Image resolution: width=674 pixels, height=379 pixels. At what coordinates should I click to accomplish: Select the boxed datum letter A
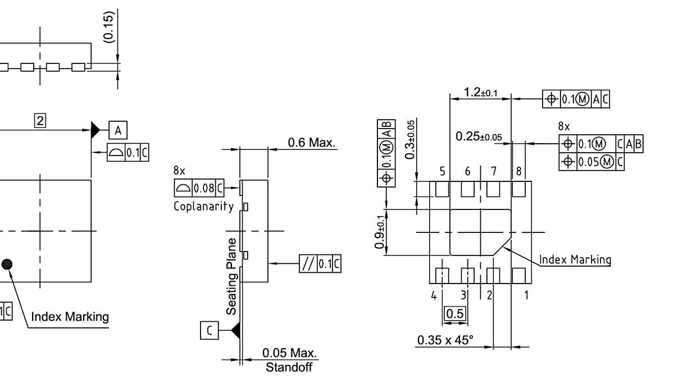click(x=117, y=130)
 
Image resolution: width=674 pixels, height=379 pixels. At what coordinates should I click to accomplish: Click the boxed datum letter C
click(x=209, y=331)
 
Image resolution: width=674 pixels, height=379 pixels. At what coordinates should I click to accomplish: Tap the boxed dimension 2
click(x=40, y=120)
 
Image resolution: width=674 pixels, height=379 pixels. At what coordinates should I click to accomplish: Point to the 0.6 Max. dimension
click(x=312, y=143)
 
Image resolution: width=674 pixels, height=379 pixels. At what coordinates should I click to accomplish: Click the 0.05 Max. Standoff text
click(x=289, y=360)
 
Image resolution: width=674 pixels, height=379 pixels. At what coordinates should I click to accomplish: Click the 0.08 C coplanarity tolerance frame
click(x=199, y=186)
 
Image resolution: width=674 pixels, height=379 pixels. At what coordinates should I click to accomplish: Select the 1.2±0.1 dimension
click(x=480, y=92)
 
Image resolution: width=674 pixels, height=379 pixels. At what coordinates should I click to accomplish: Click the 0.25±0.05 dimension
click(x=479, y=136)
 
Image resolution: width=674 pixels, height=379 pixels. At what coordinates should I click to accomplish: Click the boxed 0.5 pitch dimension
click(x=454, y=313)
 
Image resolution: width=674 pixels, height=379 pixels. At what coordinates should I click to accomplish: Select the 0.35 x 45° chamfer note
click(x=445, y=340)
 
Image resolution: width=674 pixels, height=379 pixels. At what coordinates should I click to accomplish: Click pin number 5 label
click(x=443, y=171)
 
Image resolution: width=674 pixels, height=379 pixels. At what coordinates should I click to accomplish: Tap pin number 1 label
click(x=526, y=294)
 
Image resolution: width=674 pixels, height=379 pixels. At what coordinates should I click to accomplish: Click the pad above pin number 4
click(x=443, y=275)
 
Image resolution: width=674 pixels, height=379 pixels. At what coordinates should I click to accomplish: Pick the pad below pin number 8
click(x=518, y=189)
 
